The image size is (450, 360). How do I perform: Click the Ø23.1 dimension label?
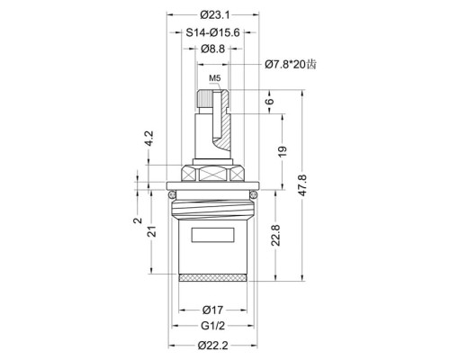coord(215,14)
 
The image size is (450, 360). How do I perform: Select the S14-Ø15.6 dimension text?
coord(212,32)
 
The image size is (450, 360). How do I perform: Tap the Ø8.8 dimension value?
coord(212,49)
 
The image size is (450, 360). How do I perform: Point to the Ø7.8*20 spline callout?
coord(291,64)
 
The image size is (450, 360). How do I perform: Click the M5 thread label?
coord(215,78)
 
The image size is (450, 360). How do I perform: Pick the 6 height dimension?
coord(270,101)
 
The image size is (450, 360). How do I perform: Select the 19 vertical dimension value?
coord(283,151)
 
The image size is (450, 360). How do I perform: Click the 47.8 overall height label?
coord(302,185)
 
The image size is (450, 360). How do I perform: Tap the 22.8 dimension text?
coord(275,235)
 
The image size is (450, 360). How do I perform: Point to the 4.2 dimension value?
coord(149,138)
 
